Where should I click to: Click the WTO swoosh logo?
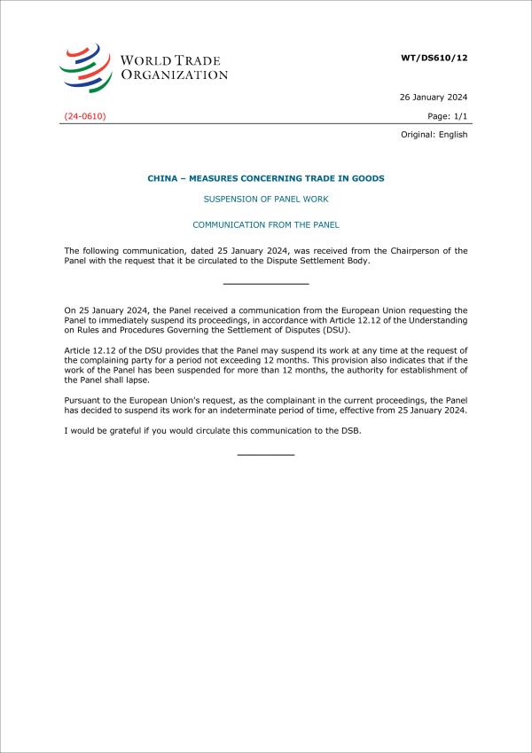click(85, 67)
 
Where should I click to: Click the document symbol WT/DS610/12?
click(434, 58)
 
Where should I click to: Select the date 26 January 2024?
click(434, 98)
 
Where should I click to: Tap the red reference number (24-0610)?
click(85, 116)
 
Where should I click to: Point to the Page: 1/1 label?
click(447, 116)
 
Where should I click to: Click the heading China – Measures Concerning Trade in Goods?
click(266, 178)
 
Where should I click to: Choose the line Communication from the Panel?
click(266, 225)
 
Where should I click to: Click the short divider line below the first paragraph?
click(266, 284)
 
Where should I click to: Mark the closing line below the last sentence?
click(266, 454)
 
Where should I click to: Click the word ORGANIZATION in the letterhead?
click(174, 75)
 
